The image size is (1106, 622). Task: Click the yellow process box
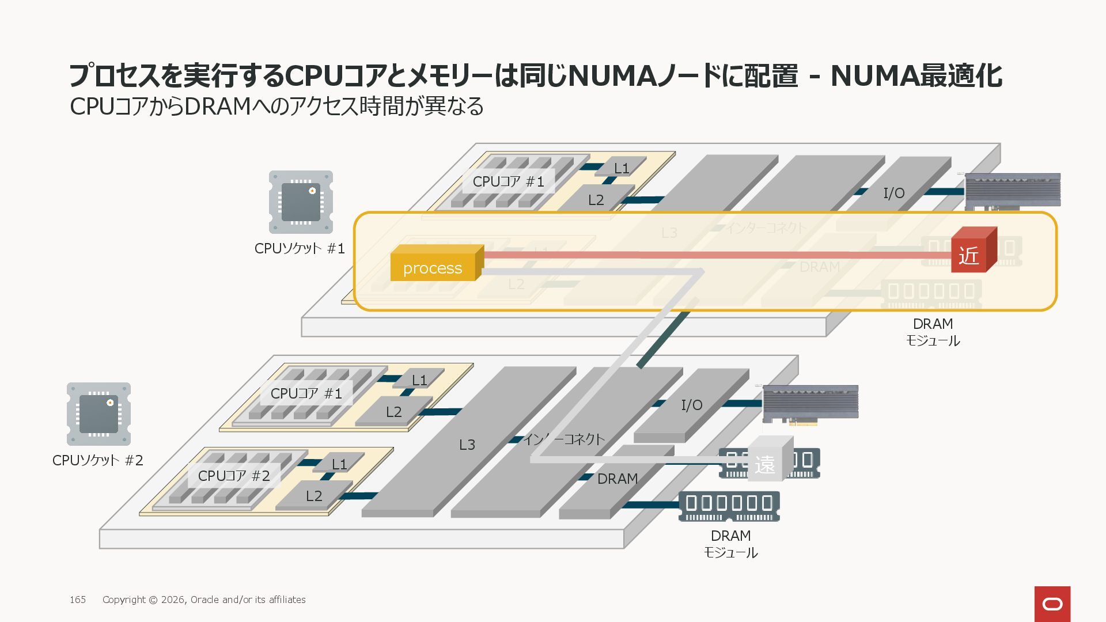click(x=433, y=266)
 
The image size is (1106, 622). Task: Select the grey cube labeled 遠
click(x=767, y=461)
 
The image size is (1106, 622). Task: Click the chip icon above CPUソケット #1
click(x=301, y=202)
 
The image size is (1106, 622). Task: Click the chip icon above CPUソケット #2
click(x=99, y=414)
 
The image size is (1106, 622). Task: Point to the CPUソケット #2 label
click(x=97, y=461)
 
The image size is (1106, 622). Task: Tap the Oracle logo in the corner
click(x=1052, y=604)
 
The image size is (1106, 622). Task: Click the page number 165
click(x=78, y=600)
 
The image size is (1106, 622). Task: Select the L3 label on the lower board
click(x=467, y=445)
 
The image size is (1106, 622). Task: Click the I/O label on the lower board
click(x=692, y=405)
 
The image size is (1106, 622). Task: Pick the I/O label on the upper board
click(x=894, y=194)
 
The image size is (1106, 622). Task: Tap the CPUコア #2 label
click(x=234, y=476)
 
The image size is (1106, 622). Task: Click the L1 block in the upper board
click(x=621, y=168)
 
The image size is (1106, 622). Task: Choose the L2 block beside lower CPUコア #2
click(x=314, y=496)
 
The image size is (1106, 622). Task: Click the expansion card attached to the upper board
click(x=1012, y=190)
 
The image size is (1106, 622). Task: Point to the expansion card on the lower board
click(x=810, y=403)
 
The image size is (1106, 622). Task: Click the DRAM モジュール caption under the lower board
click(x=730, y=544)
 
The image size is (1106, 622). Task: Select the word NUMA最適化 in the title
click(x=916, y=76)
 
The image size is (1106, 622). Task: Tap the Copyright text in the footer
click(x=204, y=600)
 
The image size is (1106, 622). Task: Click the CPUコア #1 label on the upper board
click(x=508, y=182)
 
